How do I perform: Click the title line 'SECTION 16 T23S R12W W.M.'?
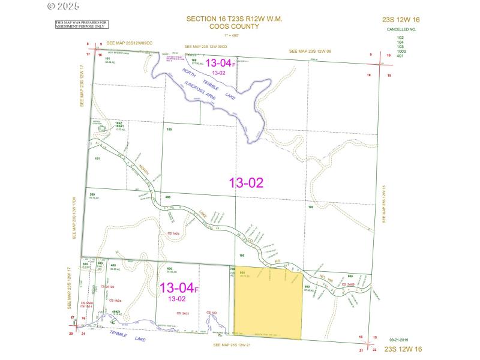[234, 19]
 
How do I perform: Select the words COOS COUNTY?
[235, 26]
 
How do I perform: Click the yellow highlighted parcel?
[268, 303]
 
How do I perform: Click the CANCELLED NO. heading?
[401, 29]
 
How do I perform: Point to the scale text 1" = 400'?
[235, 34]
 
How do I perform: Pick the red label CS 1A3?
[212, 313]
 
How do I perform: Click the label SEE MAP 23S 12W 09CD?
[206, 46]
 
